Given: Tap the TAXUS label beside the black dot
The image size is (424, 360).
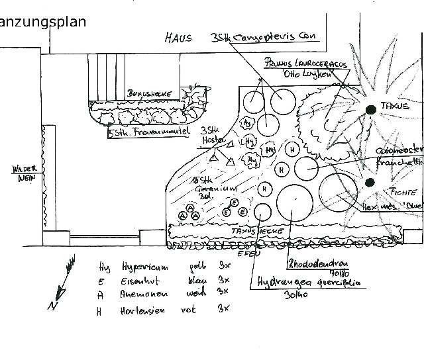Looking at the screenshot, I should [x=395, y=106].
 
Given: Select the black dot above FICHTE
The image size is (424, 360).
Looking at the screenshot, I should [x=370, y=181].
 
